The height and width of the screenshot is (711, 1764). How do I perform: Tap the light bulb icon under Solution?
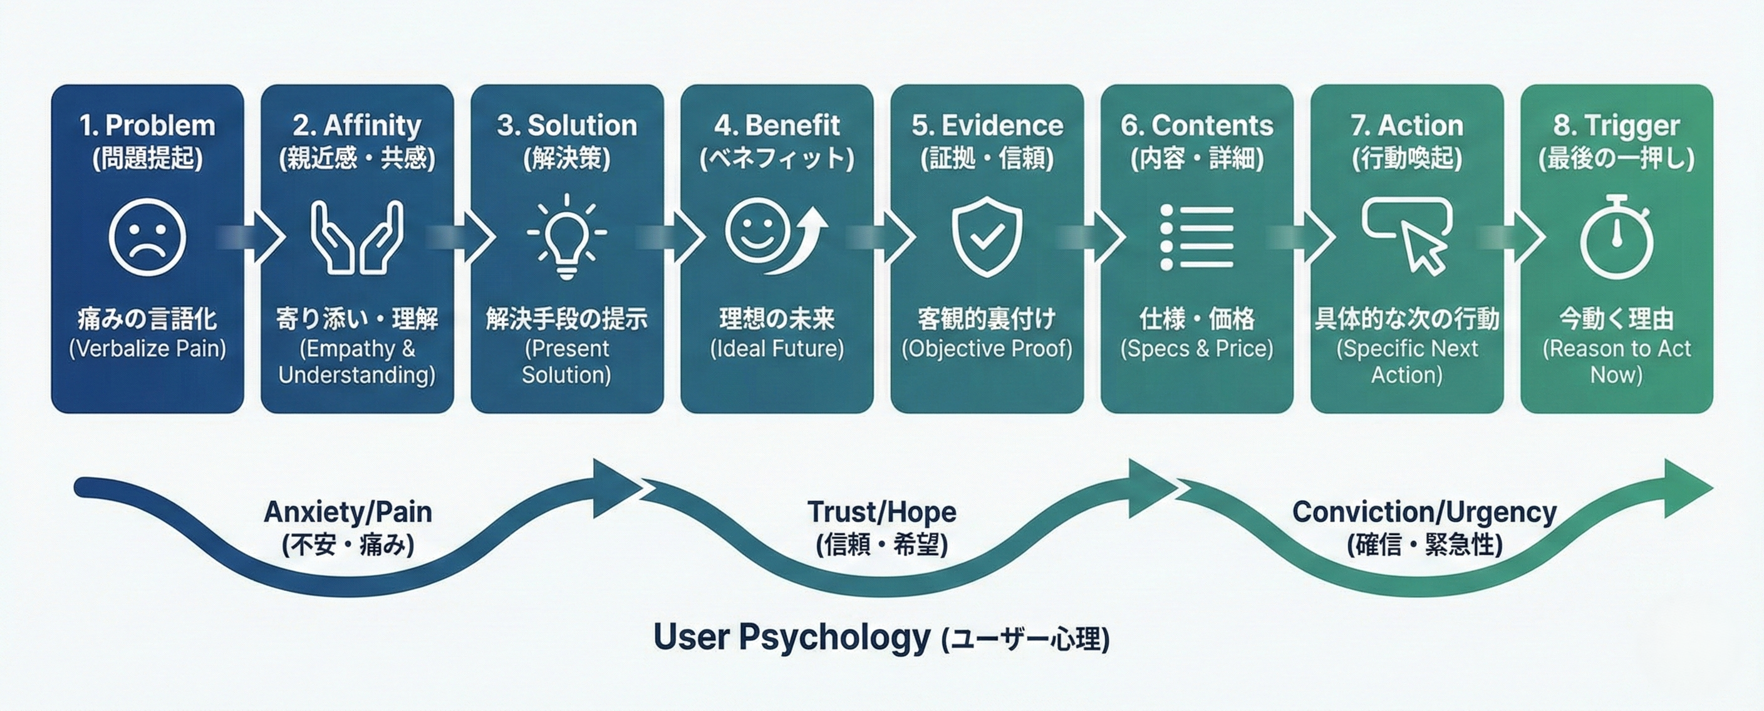[x=566, y=236]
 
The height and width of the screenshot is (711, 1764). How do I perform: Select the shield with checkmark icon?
[x=987, y=237]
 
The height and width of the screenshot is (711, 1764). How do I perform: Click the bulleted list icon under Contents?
[x=1196, y=237]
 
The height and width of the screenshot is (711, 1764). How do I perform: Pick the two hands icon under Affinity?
[x=357, y=237]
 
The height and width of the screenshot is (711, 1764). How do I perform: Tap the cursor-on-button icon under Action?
[x=1407, y=235]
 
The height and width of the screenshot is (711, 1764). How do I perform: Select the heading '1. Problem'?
[x=147, y=125]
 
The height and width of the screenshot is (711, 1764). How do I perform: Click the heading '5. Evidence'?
[x=987, y=125]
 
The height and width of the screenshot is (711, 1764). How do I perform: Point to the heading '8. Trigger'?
[x=1616, y=125]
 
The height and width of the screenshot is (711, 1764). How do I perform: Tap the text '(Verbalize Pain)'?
[x=147, y=349]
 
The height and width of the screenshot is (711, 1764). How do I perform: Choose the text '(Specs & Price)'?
[x=1196, y=349]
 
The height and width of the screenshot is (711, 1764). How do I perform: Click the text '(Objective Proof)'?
[x=987, y=349]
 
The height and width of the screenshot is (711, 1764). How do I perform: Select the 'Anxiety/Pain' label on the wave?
[x=348, y=512]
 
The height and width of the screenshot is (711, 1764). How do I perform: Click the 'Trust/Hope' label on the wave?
[x=882, y=512]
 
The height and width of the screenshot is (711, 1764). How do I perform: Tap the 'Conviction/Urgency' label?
[x=1424, y=512]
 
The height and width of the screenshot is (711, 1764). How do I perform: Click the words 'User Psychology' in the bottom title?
[x=792, y=637]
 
